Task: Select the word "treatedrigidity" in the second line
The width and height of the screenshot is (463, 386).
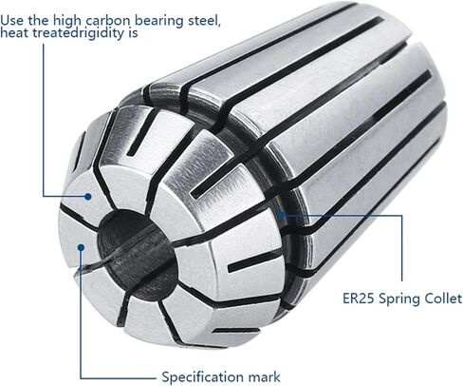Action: (x=80, y=30)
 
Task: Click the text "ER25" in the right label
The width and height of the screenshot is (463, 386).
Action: (x=360, y=299)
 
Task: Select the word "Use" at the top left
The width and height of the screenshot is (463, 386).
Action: (x=12, y=16)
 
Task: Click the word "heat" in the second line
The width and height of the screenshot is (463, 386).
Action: (x=16, y=30)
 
